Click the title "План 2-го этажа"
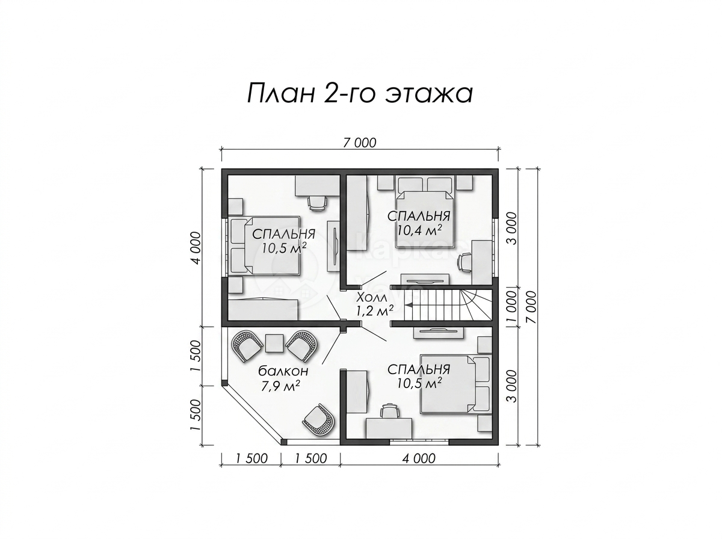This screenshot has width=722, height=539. tap(360, 93)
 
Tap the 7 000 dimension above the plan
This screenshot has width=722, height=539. tap(359, 143)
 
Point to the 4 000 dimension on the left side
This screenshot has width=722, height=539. tap(196, 248)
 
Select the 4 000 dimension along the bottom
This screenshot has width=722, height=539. tap(419, 458)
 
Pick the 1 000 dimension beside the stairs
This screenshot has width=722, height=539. tap(510, 308)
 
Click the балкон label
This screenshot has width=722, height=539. tap(283, 371)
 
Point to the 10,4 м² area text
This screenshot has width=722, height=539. tap(419, 230)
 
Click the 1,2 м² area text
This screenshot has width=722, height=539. tap(374, 310)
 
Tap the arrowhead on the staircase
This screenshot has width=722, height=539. tap(409, 304)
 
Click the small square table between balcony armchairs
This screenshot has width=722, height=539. tap(274, 343)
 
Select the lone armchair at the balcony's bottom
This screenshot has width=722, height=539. tap(318, 421)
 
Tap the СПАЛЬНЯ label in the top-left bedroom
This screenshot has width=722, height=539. tap(283, 235)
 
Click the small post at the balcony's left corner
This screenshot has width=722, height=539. tap(224, 383)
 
